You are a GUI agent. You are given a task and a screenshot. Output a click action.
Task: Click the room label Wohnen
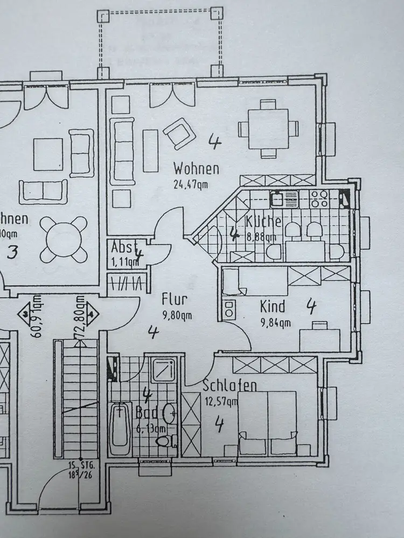(x=196, y=169)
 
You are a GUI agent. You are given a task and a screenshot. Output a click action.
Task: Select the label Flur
(x=174, y=299)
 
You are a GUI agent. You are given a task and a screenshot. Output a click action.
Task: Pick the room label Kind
(x=273, y=307)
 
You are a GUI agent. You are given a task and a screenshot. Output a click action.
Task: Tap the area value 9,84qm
(x=275, y=323)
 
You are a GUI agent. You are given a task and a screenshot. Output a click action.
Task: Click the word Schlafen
(x=229, y=386)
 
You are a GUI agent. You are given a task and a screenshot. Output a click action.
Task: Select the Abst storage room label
(x=122, y=247)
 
